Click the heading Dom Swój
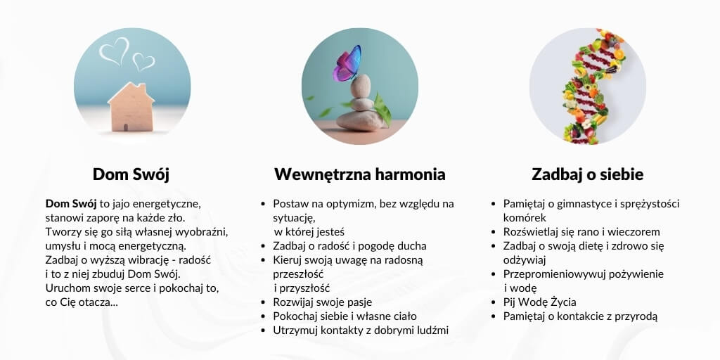[131, 174]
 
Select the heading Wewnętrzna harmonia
[359, 174]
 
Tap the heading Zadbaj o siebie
[587, 174]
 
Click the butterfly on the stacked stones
[347, 63]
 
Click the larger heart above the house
[115, 51]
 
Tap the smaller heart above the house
[143, 61]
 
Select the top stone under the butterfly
[361, 86]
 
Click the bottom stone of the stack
[359, 120]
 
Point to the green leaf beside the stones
[382, 109]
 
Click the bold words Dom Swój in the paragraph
[71, 203]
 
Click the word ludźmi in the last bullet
[432, 330]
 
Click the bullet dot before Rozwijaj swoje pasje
[263, 302]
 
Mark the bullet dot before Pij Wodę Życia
[494, 302]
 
